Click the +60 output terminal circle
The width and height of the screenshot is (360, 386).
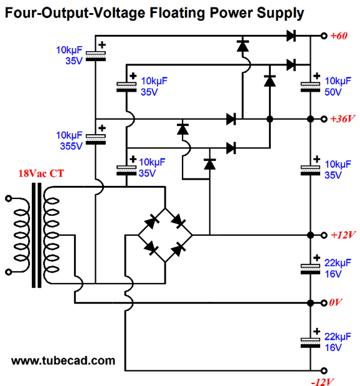pos(324,36)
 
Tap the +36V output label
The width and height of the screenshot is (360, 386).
pos(343,119)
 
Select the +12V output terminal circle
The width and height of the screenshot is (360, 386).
pos(324,235)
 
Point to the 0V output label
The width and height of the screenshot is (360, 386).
pos(336,302)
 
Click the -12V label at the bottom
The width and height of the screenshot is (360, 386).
pos(323,382)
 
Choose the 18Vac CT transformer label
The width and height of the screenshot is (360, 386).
pos(41,173)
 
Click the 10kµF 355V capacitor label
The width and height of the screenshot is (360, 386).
pos(69,140)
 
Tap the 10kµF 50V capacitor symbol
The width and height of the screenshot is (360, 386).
pos(310,87)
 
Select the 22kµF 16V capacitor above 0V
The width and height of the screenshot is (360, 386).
pos(310,269)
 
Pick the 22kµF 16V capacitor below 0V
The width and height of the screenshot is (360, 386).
pos(310,343)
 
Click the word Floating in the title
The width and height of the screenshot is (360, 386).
pos(177,14)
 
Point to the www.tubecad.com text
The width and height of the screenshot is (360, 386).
pos(63,360)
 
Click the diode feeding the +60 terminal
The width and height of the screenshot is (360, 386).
pos(291,36)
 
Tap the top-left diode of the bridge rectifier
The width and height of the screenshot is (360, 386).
pos(151,221)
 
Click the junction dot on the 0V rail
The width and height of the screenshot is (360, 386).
pos(310,303)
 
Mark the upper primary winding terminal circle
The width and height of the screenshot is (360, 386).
pos(9,198)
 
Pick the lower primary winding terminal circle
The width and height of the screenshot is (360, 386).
pos(9,272)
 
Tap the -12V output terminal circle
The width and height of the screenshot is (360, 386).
pos(324,370)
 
